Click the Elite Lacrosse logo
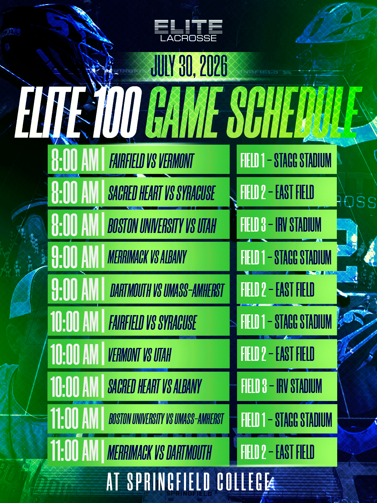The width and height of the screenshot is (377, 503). pyautogui.click(x=188, y=30)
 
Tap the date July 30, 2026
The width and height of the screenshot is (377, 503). pyautogui.click(x=189, y=66)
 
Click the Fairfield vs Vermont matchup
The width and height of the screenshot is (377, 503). pyautogui.click(x=151, y=161)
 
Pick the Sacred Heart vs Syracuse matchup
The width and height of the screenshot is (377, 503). pyautogui.click(x=162, y=193)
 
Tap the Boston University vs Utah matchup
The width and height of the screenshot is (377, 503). pyautogui.click(x=162, y=226)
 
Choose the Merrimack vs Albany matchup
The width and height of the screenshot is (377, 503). pyautogui.click(x=147, y=257)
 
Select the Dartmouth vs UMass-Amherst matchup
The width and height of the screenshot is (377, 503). pyautogui.click(x=167, y=290)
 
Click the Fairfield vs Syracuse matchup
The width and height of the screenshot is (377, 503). pyautogui.click(x=153, y=322)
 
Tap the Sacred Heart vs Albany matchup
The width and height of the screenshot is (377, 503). pyautogui.click(x=155, y=386)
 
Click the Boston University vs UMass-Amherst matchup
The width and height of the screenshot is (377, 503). pyautogui.click(x=166, y=419)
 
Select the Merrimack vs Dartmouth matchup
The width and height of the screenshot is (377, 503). pyautogui.click(x=160, y=452)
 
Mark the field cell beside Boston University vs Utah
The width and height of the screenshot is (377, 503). pyautogui.click(x=287, y=225)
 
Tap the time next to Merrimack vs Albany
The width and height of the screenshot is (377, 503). pyautogui.click(x=75, y=257)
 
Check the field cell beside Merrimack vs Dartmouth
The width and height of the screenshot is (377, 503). pyautogui.click(x=287, y=452)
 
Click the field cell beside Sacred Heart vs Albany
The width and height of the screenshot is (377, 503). pyautogui.click(x=287, y=386)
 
